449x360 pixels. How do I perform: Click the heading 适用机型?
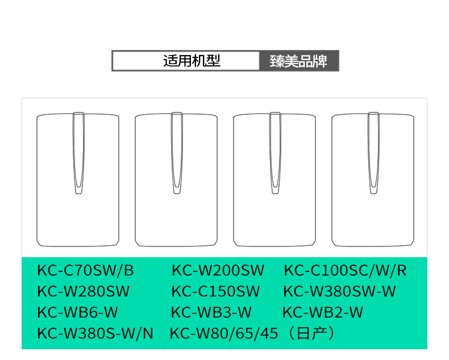click(192, 61)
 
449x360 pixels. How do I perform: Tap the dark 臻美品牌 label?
click(299, 61)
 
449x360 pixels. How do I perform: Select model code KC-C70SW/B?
click(86, 270)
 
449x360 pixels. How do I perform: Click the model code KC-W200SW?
click(218, 270)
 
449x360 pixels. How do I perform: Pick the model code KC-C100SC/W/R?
click(345, 270)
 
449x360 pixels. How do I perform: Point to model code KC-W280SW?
click(84, 292)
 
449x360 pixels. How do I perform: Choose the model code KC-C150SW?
click(215, 292)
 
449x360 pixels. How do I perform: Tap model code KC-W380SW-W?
click(339, 292)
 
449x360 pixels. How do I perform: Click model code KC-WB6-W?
click(78, 312)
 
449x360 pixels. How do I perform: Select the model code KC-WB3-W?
click(211, 312)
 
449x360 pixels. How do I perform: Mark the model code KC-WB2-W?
click(323, 312)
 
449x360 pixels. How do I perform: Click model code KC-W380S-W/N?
click(95, 333)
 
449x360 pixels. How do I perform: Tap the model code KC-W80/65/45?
click(224, 333)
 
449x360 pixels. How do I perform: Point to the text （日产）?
click(312, 333)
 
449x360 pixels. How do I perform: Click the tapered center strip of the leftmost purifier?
click(78, 150)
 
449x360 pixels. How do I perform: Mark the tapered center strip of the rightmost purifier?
click(373, 150)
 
